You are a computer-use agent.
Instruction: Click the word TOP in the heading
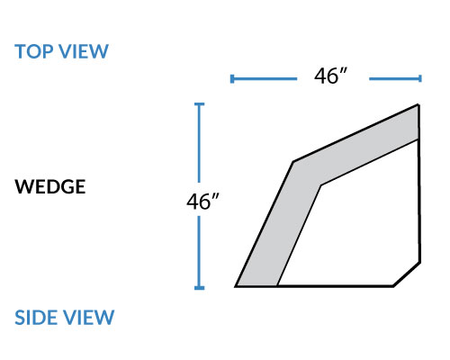[x=33, y=51]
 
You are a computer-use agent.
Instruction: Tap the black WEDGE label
[x=50, y=186]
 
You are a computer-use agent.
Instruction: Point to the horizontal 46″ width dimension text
[x=330, y=76]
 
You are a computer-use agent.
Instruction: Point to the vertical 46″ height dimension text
[x=202, y=202]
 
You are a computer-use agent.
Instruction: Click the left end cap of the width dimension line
[x=232, y=79]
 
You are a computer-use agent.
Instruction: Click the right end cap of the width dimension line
[x=420, y=78]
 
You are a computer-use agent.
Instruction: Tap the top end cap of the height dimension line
[x=200, y=104]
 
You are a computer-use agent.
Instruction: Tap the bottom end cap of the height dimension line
[x=200, y=288]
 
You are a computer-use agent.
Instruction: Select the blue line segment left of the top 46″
[x=264, y=79]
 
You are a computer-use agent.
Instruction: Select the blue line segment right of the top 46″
[x=395, y=78]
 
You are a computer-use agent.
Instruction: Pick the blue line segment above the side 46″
[x=200, y=143]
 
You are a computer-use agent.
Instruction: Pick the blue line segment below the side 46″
[x=200, y=253]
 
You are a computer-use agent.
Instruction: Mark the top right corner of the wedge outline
[x=418, y=104]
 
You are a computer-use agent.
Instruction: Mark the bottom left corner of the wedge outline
[x=236, y=286]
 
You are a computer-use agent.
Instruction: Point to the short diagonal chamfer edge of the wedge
[x=407, y=274]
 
